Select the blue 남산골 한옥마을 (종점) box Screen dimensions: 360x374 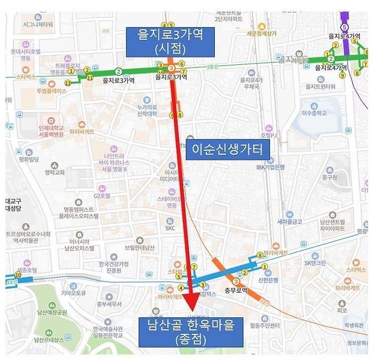190,332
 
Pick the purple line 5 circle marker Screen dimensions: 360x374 343,26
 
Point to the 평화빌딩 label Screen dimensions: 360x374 28,160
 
